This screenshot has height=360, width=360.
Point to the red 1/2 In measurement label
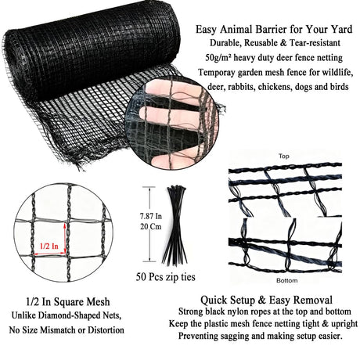pos(49,246)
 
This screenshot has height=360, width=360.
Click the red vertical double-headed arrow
pos(65,238)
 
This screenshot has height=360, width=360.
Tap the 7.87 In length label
pos(151,216)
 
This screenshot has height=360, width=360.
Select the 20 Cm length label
pos(151,226)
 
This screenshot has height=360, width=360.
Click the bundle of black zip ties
pos(175,225)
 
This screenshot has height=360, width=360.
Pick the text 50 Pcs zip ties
pos(165,277)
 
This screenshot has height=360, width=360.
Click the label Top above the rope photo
pos(283,157)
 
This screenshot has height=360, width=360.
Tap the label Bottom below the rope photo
pos(286,281)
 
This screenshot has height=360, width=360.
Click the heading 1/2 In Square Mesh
pos(68,302)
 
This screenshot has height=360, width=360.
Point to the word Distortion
pos(106,330)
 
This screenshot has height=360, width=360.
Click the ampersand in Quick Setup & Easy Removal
pos(261,300)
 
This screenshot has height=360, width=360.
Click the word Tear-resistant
pos(315,43)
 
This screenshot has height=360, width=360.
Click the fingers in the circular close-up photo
pos(170,104)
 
